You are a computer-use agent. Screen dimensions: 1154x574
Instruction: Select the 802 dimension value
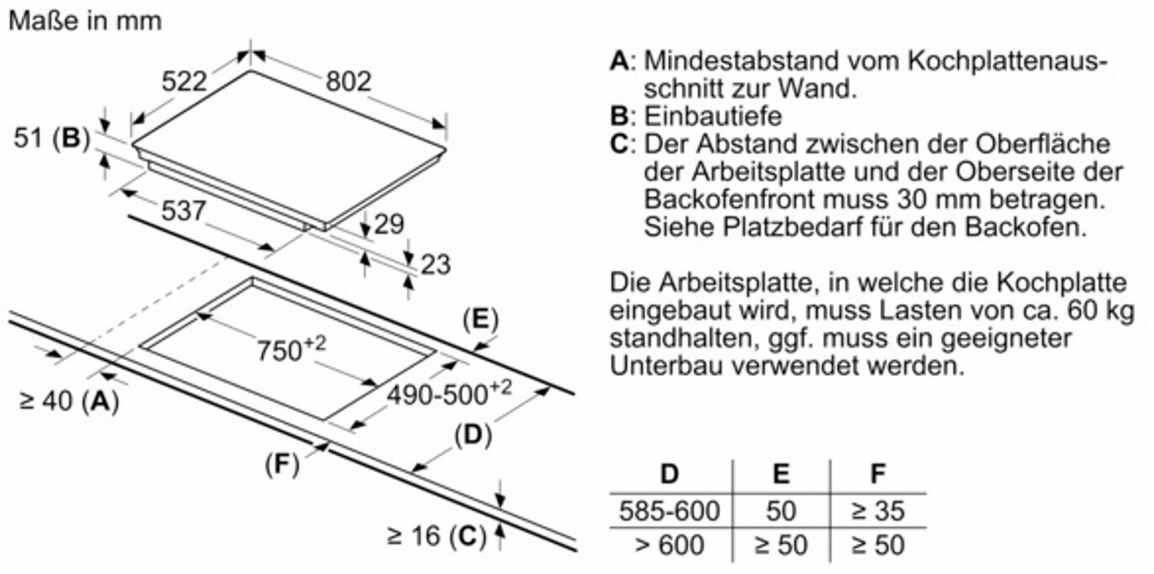348,81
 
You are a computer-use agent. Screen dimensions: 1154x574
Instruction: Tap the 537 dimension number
182,210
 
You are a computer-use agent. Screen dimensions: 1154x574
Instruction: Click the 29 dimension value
388,224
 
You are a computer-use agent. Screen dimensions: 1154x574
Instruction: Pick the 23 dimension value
435,264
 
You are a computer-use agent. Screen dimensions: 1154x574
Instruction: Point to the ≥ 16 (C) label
436,534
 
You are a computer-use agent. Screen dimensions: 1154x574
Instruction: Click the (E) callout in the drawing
480,319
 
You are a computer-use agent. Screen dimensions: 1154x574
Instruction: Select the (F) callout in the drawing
282,464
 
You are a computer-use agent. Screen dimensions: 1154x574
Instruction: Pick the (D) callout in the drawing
473,435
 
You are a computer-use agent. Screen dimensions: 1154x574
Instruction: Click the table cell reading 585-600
670,511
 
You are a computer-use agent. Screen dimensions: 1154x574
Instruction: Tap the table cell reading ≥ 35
877,511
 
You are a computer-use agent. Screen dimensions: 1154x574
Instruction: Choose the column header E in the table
781,474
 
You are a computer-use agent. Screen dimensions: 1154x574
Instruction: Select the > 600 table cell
670,545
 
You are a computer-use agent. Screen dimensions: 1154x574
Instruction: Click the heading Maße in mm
84,20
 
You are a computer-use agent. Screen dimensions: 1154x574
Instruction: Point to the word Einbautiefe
713,115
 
